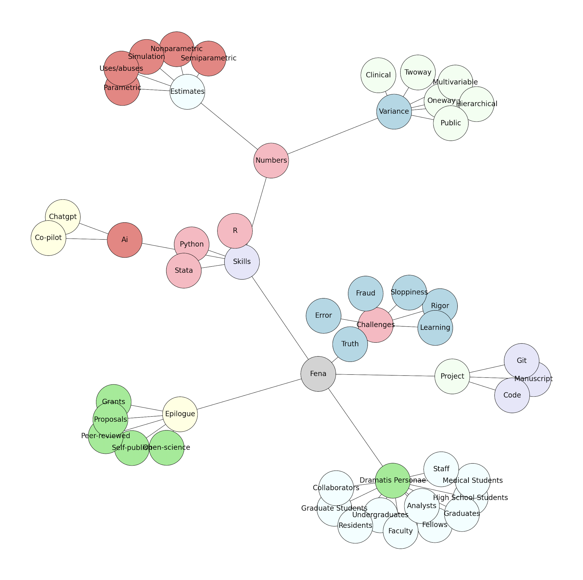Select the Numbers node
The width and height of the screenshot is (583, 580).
coord(271,160)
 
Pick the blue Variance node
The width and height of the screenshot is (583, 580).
coord(394,111)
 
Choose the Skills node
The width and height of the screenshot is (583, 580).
coord(242,262)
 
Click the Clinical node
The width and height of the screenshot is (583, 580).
coord(378,75)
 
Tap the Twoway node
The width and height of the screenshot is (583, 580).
coord(418,72)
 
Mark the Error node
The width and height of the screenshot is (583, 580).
coord(323,315)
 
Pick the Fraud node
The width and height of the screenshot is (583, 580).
coord(365,293)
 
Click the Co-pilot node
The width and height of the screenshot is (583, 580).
coord(48,238)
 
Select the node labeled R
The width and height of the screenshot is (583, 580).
coord(235,231)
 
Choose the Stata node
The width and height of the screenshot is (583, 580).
coord(183,270)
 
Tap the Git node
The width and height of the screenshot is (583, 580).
coord(521,361)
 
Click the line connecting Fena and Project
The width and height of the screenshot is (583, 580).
coord(385,375)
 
